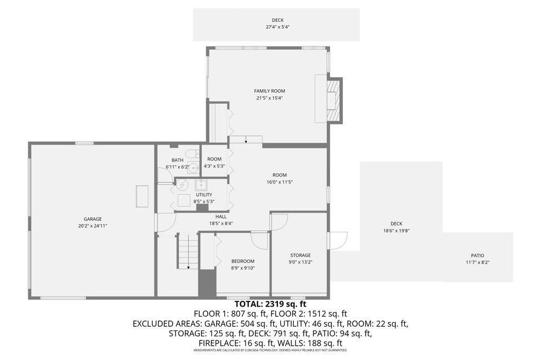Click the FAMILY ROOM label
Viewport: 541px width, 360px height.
tap(269, 91)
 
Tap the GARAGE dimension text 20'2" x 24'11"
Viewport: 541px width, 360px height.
tap(92, 226)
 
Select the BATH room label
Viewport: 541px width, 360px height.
tap(177, 160)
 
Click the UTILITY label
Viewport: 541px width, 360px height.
tap(204, 194)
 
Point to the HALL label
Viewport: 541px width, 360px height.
tap(221, 216)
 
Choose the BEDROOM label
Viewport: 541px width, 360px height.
tap(243, 261)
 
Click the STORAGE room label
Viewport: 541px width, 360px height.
tap(300, 255)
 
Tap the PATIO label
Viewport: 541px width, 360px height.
tap(478, 255)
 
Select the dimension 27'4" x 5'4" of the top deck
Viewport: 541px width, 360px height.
tap(277, 27)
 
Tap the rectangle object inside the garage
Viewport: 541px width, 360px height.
tap(142, 196)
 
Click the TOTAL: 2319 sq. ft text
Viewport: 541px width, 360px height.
tap(270, 304)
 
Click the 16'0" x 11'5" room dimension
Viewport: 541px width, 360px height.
tap(279, 182)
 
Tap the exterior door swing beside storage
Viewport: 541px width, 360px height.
tap(338, 240)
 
